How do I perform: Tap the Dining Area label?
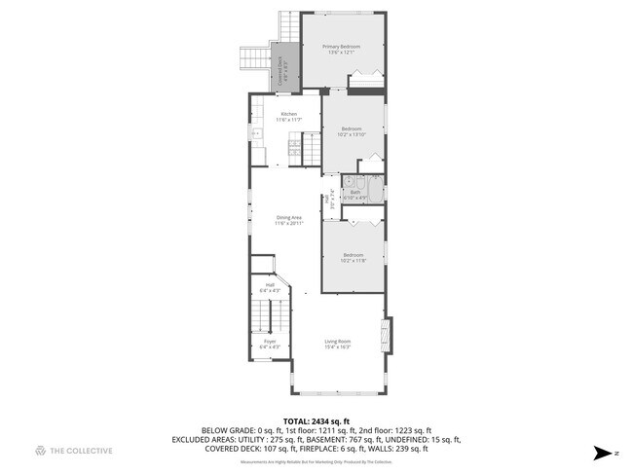tap(290, 217)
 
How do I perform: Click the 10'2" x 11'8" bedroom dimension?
tap(352, 261)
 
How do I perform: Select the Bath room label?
tap(357, 192)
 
